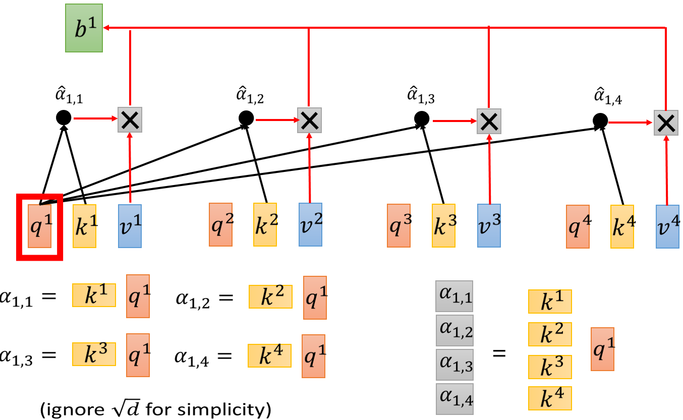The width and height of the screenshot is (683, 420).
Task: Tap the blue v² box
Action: point(310,224)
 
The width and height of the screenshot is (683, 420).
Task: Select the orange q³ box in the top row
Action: point(399,225)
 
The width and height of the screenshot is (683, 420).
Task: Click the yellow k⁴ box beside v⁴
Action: point(622,227)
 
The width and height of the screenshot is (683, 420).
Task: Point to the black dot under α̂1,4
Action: point(600,121)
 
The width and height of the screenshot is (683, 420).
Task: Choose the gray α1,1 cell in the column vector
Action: point(454,300)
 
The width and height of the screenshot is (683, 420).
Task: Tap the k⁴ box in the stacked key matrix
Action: point(549,397)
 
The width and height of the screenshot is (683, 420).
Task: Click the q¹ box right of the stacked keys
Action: point(602,348)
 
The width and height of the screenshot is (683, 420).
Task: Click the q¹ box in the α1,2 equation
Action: point(315,297)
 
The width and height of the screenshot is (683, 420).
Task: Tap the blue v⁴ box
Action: point(667,226)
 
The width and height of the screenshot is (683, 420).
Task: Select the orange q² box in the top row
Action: point(221,224)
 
